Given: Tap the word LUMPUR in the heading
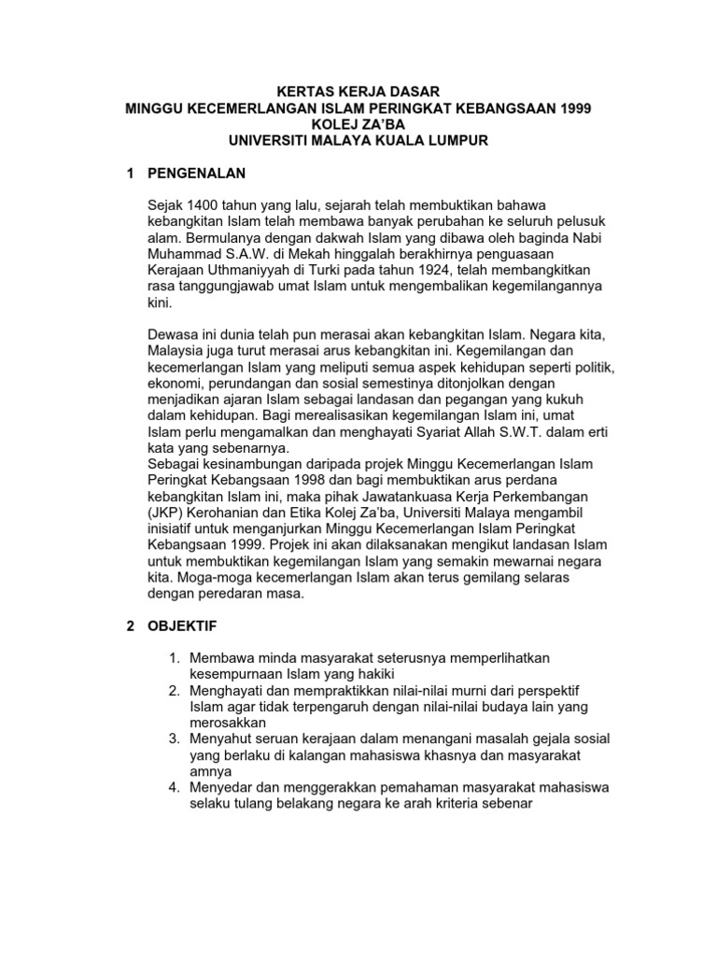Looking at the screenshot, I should click(x=454, y=139).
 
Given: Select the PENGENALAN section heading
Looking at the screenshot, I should click(x=195, y=173).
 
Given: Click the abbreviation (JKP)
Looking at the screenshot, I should click(x=166, y=512).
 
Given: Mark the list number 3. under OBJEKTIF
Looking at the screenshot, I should click(x=174, y=738).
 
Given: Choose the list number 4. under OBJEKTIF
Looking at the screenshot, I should click(x=174, y=787).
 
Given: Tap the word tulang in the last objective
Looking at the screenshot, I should click(x=255, y=803).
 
